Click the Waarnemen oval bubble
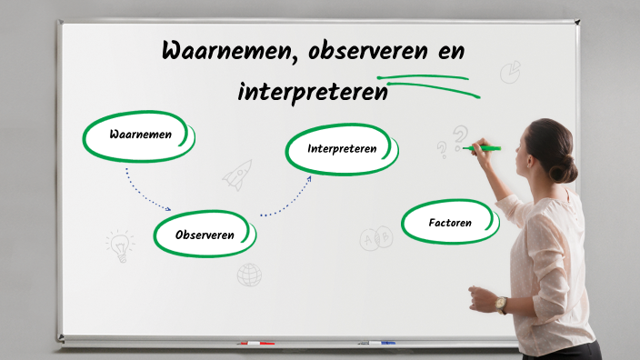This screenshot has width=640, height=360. pyautogui.click(x=139, y=135)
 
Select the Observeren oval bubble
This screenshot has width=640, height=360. pyautogui.click(x=205, y=235)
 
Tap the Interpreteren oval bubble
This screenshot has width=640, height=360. pyautogui.click(x=342, y=148)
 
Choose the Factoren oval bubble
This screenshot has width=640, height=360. pyautogui.click(x=450, y=222)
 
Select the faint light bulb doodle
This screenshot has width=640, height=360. pyautogui.click(x=119, y=245)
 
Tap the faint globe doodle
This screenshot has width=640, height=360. pyautogui.click(x=249, y=275)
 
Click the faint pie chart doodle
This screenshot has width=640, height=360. pyautogui.click(x=510, y=72)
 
